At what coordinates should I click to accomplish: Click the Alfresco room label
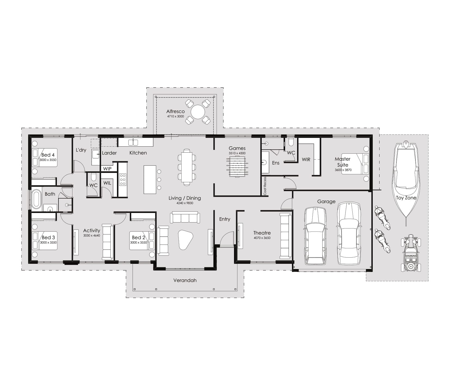coord(175,112)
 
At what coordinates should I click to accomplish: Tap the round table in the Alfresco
coord(198,112)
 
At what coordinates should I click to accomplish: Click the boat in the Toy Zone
coord(406,180)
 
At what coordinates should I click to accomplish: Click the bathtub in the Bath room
coord(36,199)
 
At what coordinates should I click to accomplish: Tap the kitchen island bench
coord(150,180)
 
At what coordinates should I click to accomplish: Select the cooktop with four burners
coord(123,180)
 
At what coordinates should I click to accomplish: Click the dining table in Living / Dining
coord(187,167)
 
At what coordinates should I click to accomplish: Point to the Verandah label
coord(185,280)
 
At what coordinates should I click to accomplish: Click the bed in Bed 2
coord(142,240)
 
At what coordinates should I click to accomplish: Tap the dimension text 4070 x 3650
coord(262,238)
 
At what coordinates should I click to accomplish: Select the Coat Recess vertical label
coord(265,186)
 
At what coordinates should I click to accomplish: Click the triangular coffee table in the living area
coord(185,239)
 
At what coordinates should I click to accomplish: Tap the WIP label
coord(107,169)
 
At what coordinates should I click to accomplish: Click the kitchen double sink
coord(133,142)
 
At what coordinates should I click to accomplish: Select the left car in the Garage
coord(315,236)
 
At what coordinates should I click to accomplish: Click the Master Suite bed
coord(355,164)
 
